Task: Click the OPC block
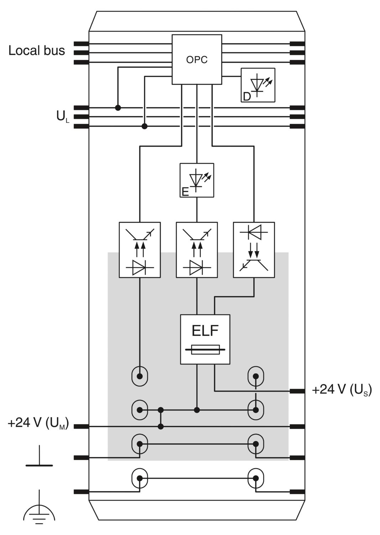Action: [197, 59]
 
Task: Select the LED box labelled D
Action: [258, 85]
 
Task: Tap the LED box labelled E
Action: [197, 180]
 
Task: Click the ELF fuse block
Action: [205, 339]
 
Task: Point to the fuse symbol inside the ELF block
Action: [205, 350]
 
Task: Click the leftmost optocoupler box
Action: [140, 250]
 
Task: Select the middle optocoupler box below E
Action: [197, 250]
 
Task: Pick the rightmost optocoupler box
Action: [254, 250]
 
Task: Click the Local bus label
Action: [37, 51]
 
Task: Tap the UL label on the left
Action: [63, 117]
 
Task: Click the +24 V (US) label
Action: [342, 390]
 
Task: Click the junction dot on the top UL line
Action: [118, 108]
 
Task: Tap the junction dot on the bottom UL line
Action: [144, 126]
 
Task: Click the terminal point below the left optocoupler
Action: [140, 376]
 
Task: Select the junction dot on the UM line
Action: [161, 427]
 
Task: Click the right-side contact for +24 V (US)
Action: [297, 391]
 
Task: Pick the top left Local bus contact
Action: [81, 44]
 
